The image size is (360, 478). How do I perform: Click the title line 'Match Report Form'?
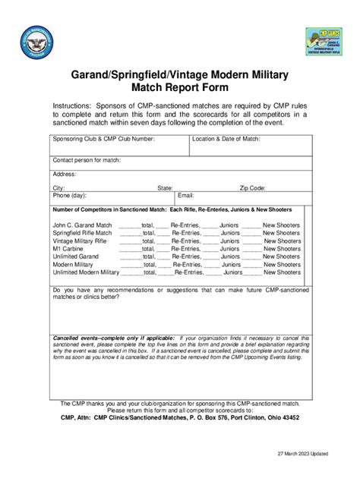(x=179, y=87)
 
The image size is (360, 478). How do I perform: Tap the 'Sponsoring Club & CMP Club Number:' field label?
(x=103, y=139)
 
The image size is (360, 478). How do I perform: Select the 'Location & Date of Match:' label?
(x=226, y=139)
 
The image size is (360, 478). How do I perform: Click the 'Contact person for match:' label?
(x=87, y=160)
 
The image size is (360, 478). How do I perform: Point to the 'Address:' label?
(x=65, y=174)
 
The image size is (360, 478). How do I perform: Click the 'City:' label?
(x=58, y=187)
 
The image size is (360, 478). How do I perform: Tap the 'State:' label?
(x=165, y=187)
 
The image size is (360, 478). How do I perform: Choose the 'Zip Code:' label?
(x=252, y=187)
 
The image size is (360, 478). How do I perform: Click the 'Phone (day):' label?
(x=69, y=195)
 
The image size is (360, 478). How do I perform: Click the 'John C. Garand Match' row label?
(x=82, y=225)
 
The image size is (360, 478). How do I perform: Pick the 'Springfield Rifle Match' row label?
(x=82, y=233)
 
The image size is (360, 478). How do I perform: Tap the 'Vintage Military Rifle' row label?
(x=81, y=241)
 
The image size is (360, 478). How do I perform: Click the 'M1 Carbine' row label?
(x=68, y=248)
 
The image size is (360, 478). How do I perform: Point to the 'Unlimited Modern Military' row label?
(x=86, y=272)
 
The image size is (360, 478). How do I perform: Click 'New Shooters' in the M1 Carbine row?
(x=282, y=248)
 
